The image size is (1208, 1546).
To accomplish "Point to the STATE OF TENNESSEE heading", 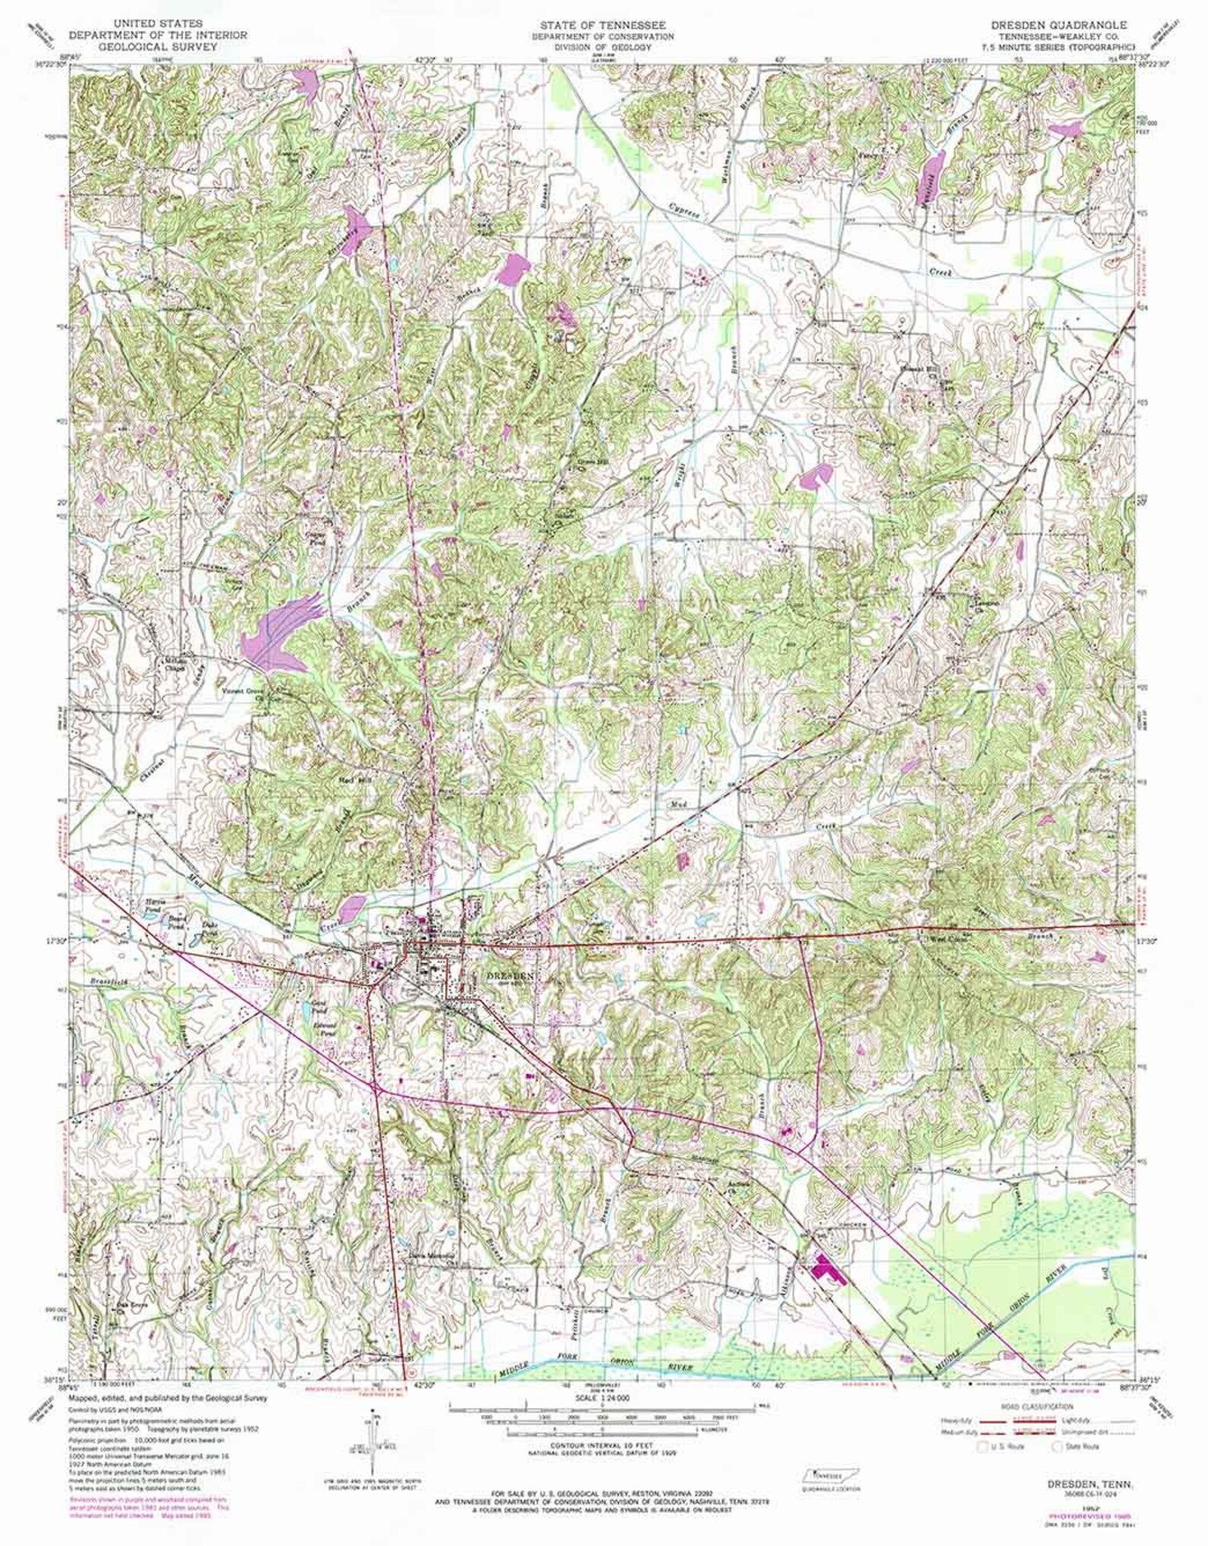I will point(602,25).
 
